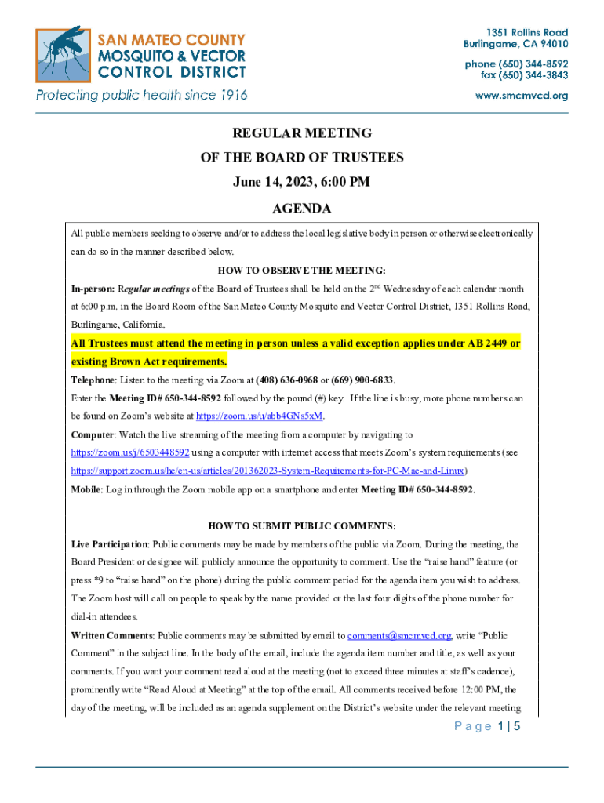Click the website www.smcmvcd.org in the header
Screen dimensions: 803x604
(x=522, y=96)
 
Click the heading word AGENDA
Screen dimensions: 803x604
(x=301, y=209)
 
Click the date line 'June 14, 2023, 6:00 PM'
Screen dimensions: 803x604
(x=301, y=183)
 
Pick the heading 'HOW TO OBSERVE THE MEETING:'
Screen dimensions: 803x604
(x=301, y=271)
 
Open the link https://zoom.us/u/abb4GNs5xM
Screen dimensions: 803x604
(x=260, y=416)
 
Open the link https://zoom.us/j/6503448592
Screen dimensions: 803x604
(x=130, y=452)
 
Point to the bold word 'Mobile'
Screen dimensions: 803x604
(x=85, y=489)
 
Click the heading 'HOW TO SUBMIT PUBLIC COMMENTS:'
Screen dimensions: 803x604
(x=301, y=525)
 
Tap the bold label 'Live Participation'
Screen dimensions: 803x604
(x=109, y=544)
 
